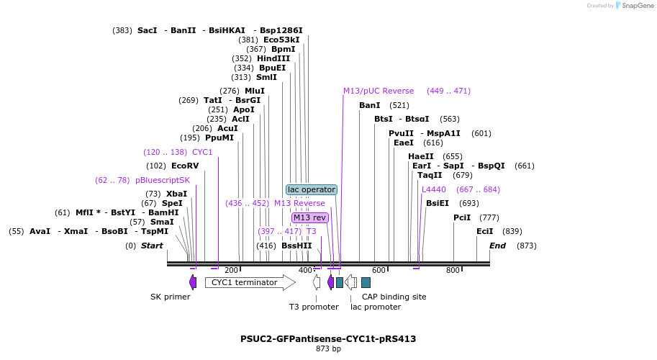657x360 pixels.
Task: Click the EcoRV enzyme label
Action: pyautogui.click(x=184, y=166)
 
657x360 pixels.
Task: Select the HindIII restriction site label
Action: pyautogui.click(x=273, y=58)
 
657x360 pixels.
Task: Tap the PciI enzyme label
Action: pyautogui.click(x=462, y=217)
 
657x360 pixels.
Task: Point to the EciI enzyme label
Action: pyautogui.click(x=485, y=231)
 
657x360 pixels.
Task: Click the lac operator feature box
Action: pyautogui.click(x=312, y=189)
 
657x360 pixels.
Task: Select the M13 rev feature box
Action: pyautogui.click(x=310, y=217)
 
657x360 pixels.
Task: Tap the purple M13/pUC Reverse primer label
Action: pyautogui.click(x=379, y=91)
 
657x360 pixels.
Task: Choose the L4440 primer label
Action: pyautogui.click(x=434, y=189)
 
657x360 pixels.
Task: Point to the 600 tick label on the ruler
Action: pyautogui.click(x=379, y=271)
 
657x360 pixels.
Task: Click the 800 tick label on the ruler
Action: pyautogui.click(x=453, y=271)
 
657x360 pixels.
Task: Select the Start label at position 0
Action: pyautogui.click(x=152, y=246)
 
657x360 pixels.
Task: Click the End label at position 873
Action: pyautogui.click(x=498, y=246)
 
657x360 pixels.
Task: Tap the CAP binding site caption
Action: pyautogui.click(x=394, y=297)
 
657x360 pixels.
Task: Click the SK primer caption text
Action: pyautogui.click(x=171, y=297)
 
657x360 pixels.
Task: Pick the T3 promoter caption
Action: pyautogui.click(x=314, y=307)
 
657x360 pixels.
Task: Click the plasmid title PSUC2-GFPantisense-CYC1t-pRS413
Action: pyautogui.click(x=328, y=338)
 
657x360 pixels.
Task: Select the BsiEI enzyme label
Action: pyautogui.click(x=438, y=203)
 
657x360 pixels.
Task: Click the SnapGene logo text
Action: pyautogui.click(x=636, y=5)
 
